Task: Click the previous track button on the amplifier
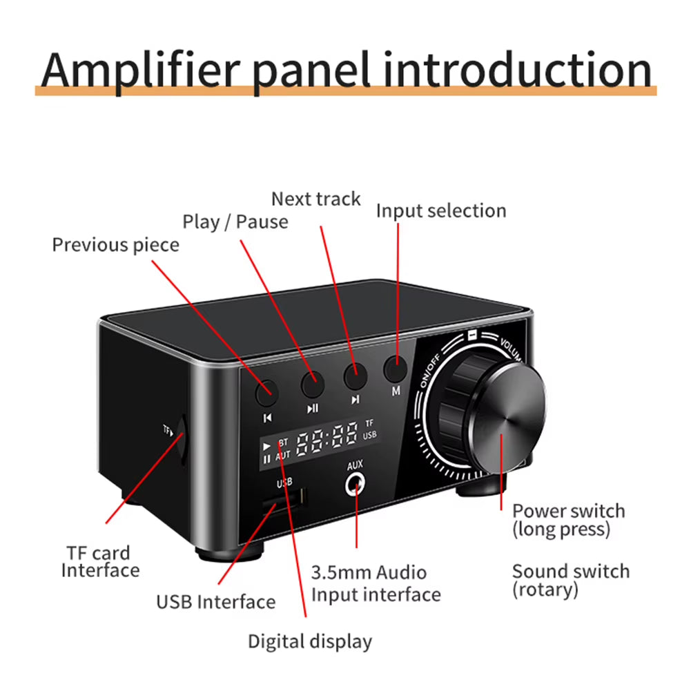(x=266, y=392)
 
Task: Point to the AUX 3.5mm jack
(x=356, y=485)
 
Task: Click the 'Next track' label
(x=315, y=199)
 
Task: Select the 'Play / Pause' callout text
(x=235, y=222)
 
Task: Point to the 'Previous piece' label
(x=115, y=244)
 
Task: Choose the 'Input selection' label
(x=440, y=211)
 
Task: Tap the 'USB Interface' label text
(x=215, y=601)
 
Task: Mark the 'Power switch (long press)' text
(x=568, y=520)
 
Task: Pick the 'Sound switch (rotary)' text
(x=570, y=580)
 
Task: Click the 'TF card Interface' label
(x=100, y=561)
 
